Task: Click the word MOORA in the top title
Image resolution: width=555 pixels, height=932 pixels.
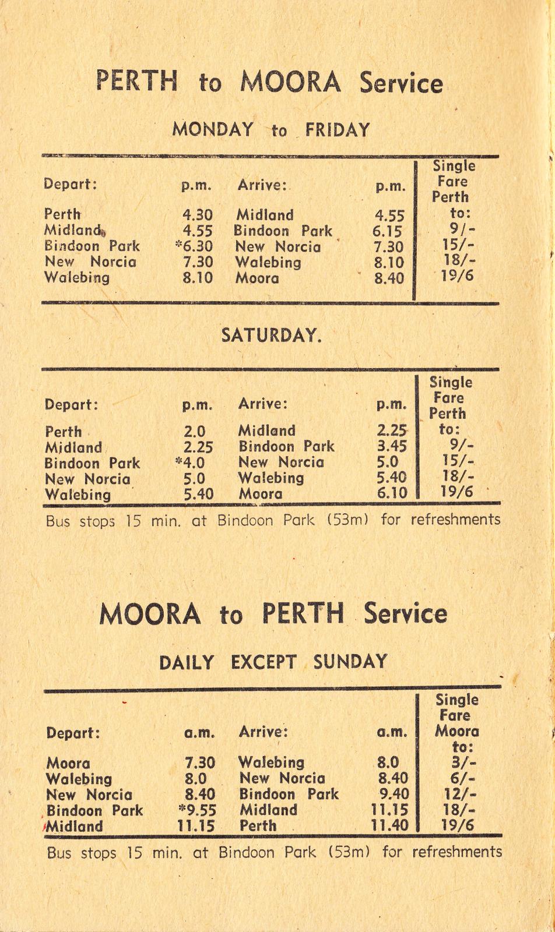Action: (290, 82)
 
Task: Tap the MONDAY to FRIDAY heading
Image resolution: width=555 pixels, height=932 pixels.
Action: (271, 129)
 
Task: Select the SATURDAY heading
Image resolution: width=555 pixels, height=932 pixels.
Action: (271, 336)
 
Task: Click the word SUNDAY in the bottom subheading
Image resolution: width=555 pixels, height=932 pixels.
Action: (350, 662)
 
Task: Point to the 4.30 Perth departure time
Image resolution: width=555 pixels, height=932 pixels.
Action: (198, 215)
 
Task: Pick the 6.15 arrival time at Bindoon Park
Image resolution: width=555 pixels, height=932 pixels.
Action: (387, 231)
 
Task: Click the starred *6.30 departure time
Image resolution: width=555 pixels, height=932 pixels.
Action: (195, 246)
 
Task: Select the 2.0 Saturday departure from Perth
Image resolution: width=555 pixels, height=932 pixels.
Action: (195, 432)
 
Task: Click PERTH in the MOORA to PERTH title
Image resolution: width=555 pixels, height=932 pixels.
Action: (303, 613)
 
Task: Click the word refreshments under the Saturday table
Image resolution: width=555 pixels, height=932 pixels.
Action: (455, 519)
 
